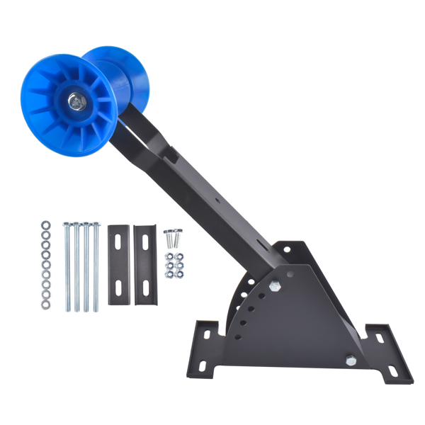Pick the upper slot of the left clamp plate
coord(118,244)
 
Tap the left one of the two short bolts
coord(169,233)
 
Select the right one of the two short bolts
coord(177,233)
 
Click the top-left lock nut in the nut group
coord(170,256)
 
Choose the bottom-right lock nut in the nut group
coord(180,273)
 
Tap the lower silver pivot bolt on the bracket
coord(351,361)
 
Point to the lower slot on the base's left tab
coord(202,365)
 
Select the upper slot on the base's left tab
coord(210,331)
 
